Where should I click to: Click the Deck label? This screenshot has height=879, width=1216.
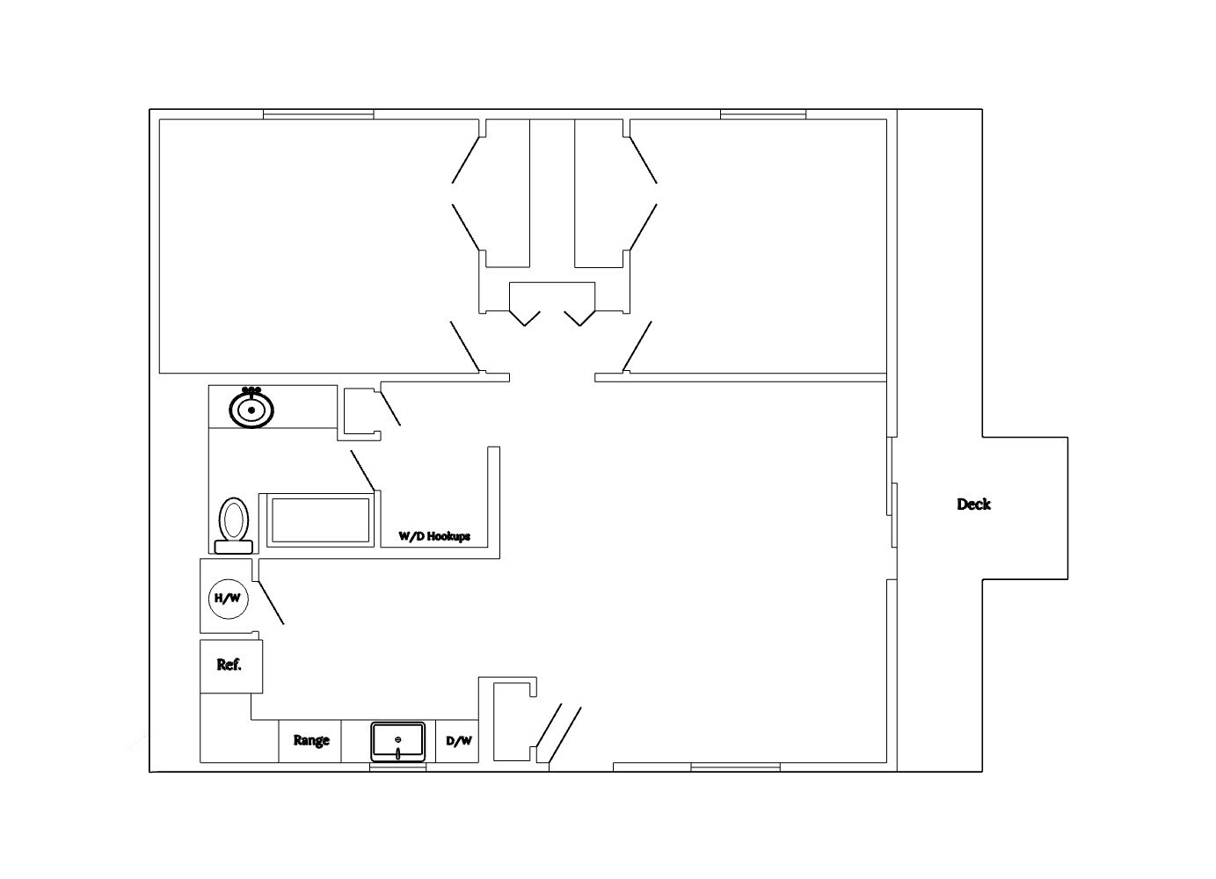(973, 504)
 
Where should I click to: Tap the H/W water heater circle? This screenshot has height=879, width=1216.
(227, 599)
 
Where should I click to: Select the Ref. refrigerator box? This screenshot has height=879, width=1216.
(230, 665)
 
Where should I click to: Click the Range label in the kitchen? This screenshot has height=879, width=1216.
(310, 740)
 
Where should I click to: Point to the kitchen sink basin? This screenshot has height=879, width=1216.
(397, 741)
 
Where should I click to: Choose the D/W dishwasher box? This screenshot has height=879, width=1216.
(458, 741)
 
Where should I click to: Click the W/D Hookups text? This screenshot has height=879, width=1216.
(434, 535)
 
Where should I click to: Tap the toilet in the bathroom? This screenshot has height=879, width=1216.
(234, 524)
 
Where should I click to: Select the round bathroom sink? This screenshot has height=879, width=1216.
(251, 409)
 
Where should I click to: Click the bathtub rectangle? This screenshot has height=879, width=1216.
(320, 519)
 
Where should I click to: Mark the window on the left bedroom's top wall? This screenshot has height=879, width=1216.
(318, 114)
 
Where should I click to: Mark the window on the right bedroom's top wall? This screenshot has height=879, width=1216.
(762, 114)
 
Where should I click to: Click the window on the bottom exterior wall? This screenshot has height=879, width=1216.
(735, 767)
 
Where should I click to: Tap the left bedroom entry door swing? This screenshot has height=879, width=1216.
(464, 345)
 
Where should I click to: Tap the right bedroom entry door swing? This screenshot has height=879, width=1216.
(637, 345)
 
